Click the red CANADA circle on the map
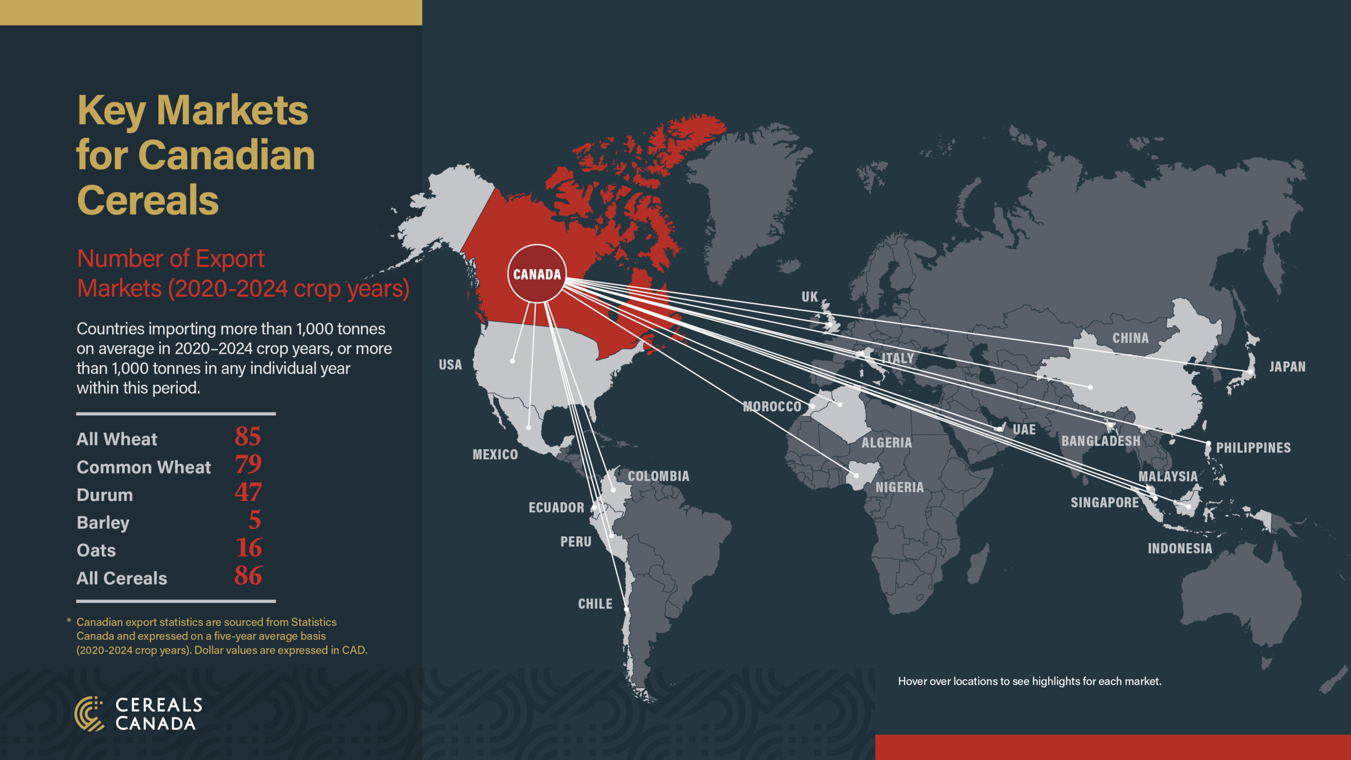click(x=537, y=274)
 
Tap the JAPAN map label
click(x=1287, y=367)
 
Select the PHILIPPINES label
click(x=1253, y=448)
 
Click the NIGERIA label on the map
click(x=900, y=487)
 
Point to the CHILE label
click(x=595, y=604)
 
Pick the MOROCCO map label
click(x=772, y=406)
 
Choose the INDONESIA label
click(x=1180, y=548)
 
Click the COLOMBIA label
click(x=659, y=476)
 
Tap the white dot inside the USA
click(x=512, y=361)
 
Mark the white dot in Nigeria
click(x=857, y=476)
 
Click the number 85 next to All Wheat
click(x=248, y=437)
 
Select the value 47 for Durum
click(x=248, y=492)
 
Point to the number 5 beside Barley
click(x=255, y=520)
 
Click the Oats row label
click(x=96, y=550)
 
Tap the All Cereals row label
click(x=122, y=578)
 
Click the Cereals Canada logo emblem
click(x=89, y=714)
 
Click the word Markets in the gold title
click(x=232, y=111)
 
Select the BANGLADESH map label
click(x=1101, y=441)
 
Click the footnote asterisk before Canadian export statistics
click(x=69, y=622)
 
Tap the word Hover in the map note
click(x=912, y=681)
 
